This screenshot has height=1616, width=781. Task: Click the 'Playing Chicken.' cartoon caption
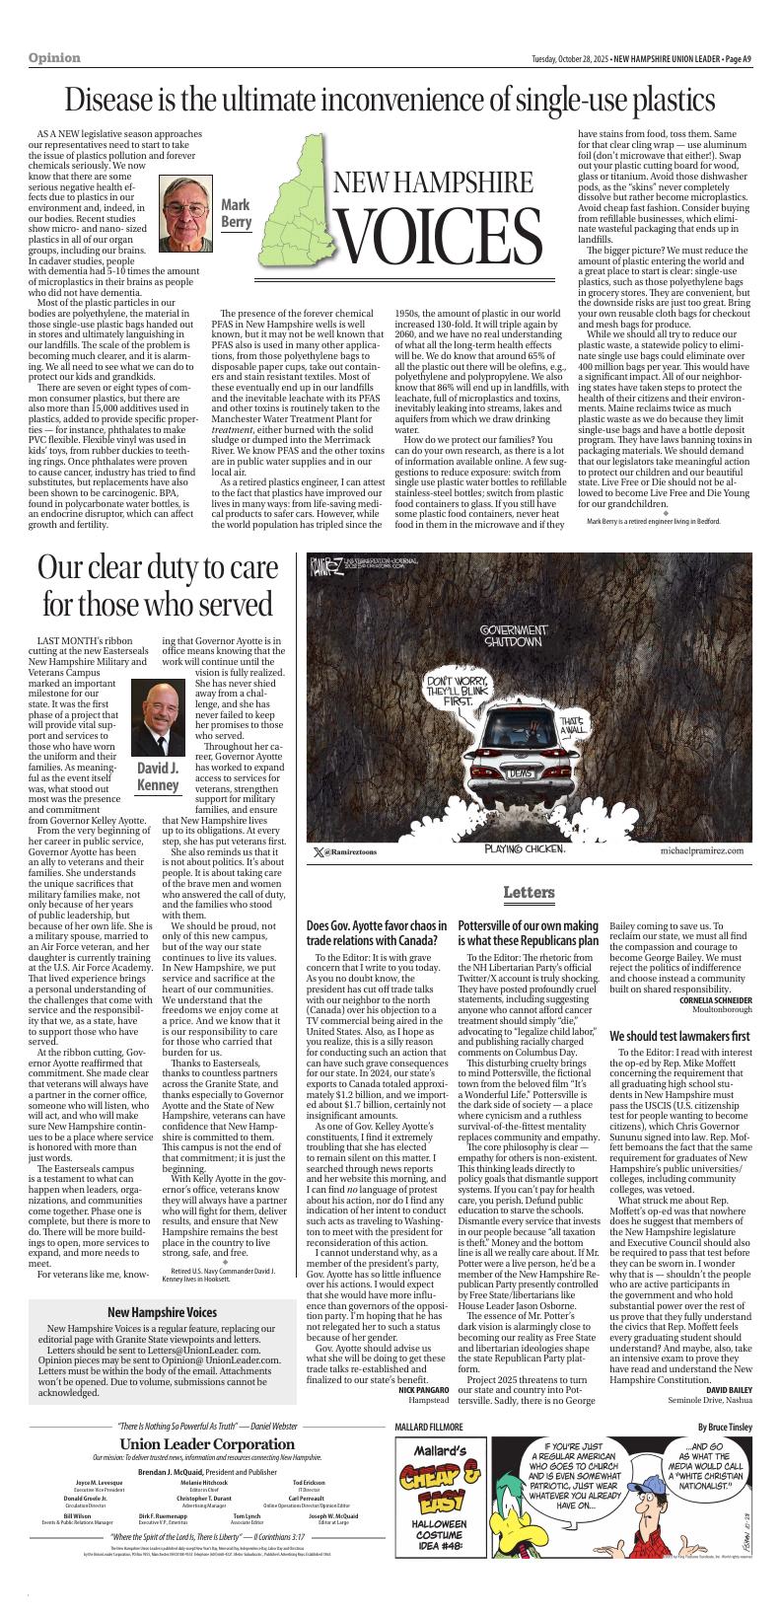[x=524, y=849]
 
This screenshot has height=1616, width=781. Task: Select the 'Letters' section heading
[x=529, y=892]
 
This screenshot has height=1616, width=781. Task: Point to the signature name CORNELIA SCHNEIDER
[x=715, y=1000]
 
